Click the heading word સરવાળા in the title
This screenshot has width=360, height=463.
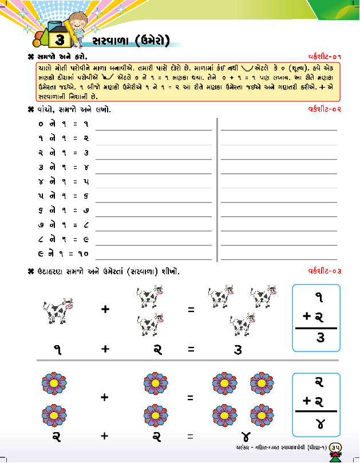coord(112,40)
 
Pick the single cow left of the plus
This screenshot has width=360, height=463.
coord(57,312)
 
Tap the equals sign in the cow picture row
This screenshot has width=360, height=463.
coord(191,310)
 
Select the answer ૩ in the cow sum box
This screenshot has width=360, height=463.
coord(321,338)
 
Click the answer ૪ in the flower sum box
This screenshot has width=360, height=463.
coord(321,424)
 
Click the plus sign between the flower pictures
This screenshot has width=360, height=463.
coord(105,397)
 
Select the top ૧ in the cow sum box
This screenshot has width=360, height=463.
coord(319,296)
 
